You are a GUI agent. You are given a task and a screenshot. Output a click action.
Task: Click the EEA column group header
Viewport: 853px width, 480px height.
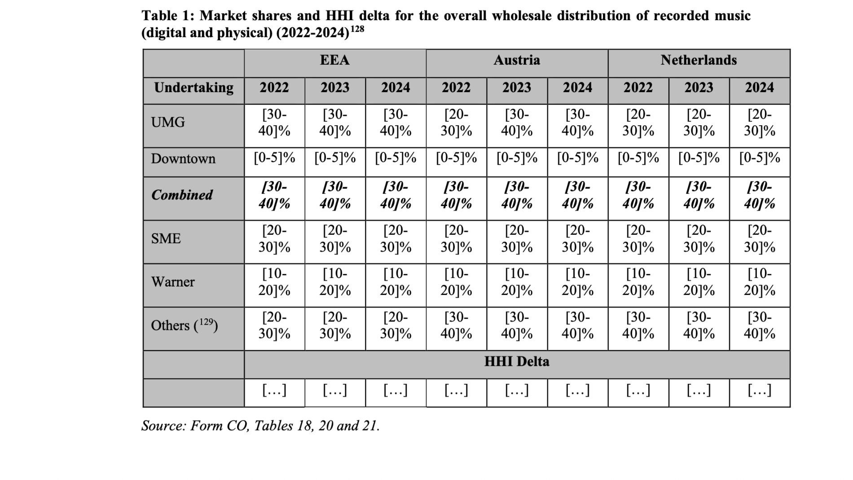335,60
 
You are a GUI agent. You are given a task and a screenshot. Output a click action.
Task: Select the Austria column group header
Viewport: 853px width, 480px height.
517,60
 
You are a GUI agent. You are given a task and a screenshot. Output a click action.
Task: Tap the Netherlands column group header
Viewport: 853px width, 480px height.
699,60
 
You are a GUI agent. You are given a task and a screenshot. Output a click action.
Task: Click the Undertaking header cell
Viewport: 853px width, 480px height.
193,88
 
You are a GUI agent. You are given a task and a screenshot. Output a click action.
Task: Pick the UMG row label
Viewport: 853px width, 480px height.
168,122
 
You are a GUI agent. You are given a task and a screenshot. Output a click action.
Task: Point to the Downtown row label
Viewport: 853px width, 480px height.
183,159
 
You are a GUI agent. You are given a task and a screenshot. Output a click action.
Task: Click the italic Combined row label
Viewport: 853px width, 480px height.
182,195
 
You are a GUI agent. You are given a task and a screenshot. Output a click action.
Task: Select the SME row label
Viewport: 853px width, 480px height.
166,238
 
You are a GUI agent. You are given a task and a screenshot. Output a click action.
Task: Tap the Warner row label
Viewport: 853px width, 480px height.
173,282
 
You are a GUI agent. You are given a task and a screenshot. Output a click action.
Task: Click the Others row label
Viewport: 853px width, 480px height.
185,325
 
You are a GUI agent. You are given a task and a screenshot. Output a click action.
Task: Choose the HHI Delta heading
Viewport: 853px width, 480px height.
517,362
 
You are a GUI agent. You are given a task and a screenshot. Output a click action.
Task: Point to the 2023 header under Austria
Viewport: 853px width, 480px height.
517,88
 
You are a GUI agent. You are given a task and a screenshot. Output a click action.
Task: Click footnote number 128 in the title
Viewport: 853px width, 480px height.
357,29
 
